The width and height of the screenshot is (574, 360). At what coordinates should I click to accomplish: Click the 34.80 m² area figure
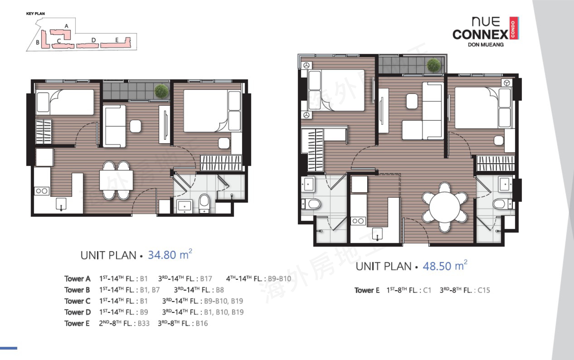(x=170, y=254)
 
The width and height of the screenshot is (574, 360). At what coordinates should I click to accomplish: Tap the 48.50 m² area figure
(x=445, y=265)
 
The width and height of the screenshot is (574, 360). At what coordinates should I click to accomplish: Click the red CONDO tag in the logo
(x=513, y=28)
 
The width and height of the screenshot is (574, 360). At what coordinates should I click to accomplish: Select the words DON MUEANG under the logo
(x=486, y=45)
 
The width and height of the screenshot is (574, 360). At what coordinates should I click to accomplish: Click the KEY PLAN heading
(x=36, y=14)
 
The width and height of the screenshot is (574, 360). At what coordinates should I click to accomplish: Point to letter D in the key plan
(x=93, y=40)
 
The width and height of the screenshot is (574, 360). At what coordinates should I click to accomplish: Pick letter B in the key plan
(x=38, y=42)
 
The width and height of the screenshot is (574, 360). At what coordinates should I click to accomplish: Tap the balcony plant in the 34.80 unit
(x=161, y=91)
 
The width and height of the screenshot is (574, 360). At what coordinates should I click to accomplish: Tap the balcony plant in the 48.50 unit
(x=434, y=65)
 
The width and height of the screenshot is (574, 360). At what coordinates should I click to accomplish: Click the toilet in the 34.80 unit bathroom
(x=204, y=202)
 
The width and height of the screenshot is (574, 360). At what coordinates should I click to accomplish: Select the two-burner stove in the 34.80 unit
(x=42, y=191)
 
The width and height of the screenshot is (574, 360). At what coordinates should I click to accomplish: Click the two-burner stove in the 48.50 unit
(x=358, y=221)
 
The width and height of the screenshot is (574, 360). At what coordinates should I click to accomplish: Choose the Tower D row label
(x=78, y=312)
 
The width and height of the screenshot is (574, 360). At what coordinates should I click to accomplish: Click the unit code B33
(x=144, y=323)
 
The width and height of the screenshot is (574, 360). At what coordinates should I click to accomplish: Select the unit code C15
(x=484, y=290)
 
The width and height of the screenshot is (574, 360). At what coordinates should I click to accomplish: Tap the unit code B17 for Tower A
(x=206, y=279)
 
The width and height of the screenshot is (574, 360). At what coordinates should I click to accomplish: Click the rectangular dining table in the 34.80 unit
(x=116, y=180)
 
